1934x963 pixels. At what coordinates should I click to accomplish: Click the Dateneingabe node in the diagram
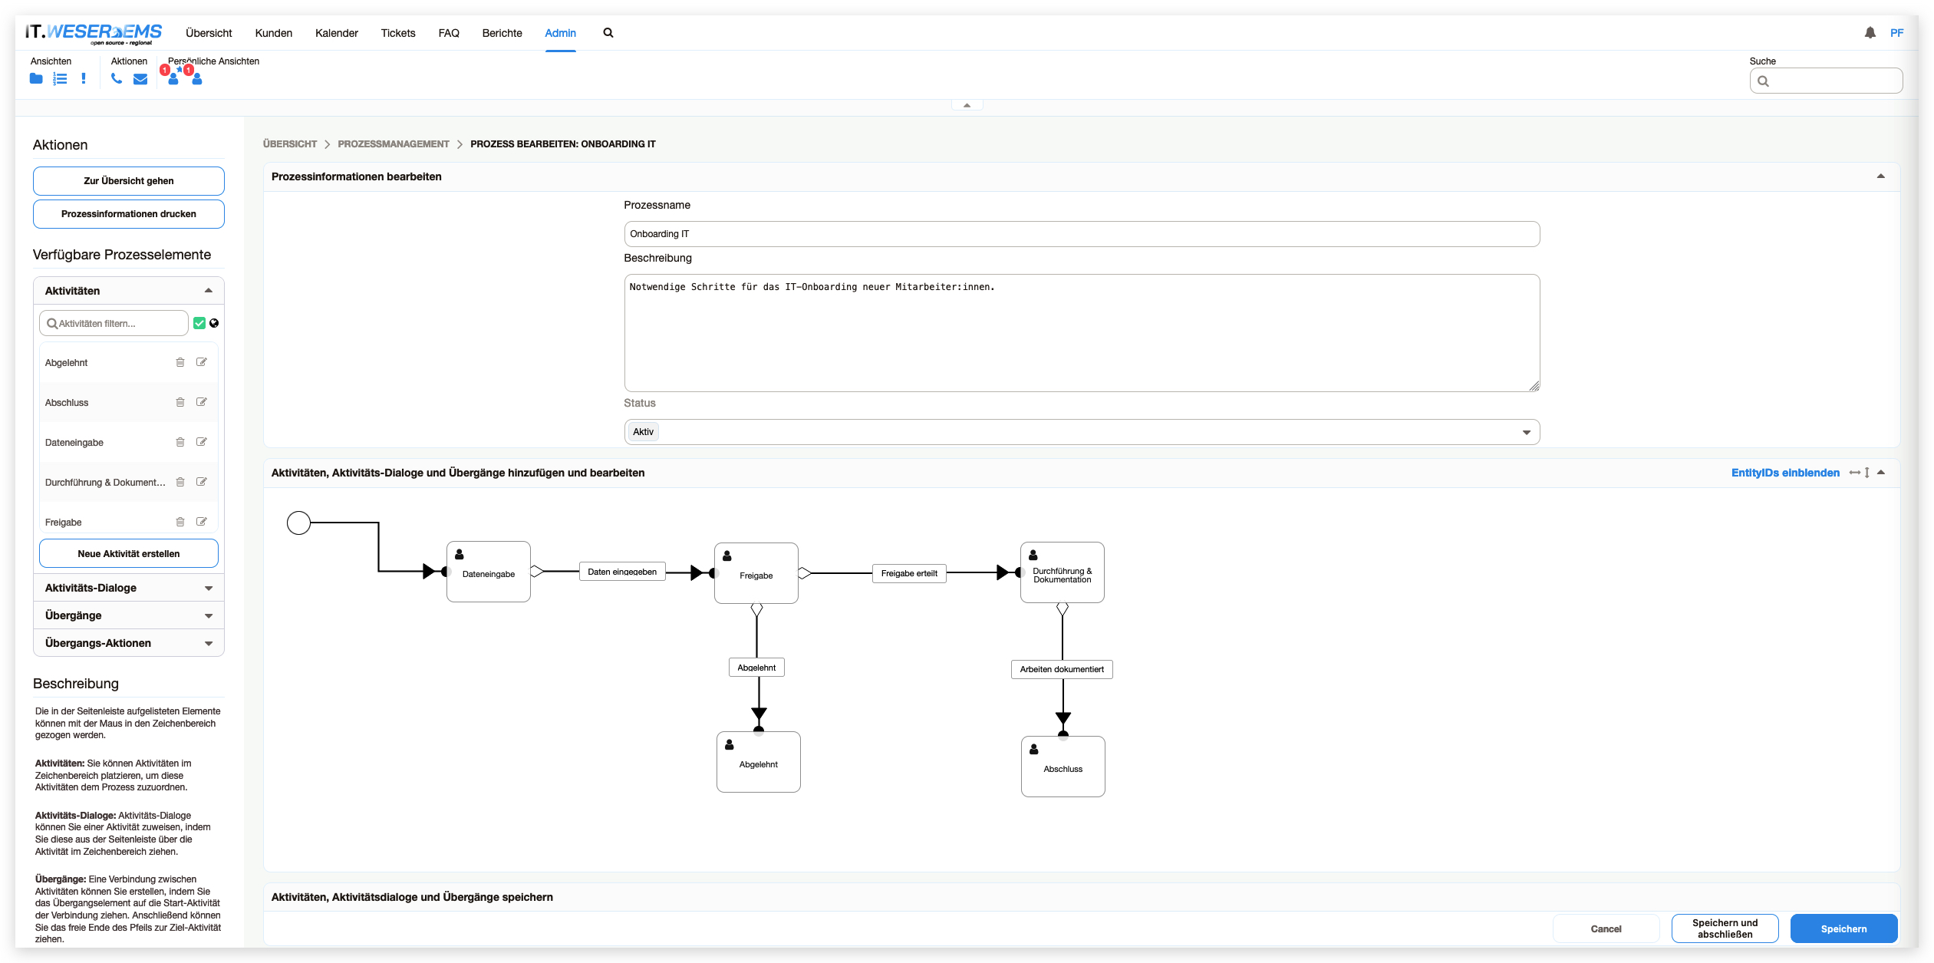click(489, 572)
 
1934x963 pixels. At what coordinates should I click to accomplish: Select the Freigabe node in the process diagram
click(756, 573)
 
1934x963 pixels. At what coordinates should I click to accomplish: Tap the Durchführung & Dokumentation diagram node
click(1063, 572)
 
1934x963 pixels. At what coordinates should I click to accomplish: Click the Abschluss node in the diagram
click(1063, 767)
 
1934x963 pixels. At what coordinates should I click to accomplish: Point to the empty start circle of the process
click(298, 523)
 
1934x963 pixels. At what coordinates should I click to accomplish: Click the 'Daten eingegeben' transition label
click(622, 572)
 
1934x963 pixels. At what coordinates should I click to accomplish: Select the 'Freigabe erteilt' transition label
click(909, 573)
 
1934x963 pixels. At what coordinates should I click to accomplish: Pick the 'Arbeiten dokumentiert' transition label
click(1062, 669)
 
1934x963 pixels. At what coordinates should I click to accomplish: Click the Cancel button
click(1606, 928)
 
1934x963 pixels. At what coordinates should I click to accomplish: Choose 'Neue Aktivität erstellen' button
click(129, 553)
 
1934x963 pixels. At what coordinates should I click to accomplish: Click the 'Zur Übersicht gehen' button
click(129, 181)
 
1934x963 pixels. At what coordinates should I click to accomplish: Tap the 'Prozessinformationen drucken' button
click(129, 214)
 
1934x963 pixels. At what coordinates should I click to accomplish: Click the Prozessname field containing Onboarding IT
click(1082, 234)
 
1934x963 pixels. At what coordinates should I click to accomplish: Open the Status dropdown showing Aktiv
click(1082, 432)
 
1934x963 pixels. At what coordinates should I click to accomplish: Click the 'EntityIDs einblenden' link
click(1785, 473)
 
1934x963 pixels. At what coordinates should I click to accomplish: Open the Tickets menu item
click(398, 33)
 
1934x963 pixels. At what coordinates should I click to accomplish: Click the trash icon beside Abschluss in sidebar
click(180, 402)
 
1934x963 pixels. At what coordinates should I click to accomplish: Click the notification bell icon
click(1870, 33)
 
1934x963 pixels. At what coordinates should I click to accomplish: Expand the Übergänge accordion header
click(129, 615)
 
